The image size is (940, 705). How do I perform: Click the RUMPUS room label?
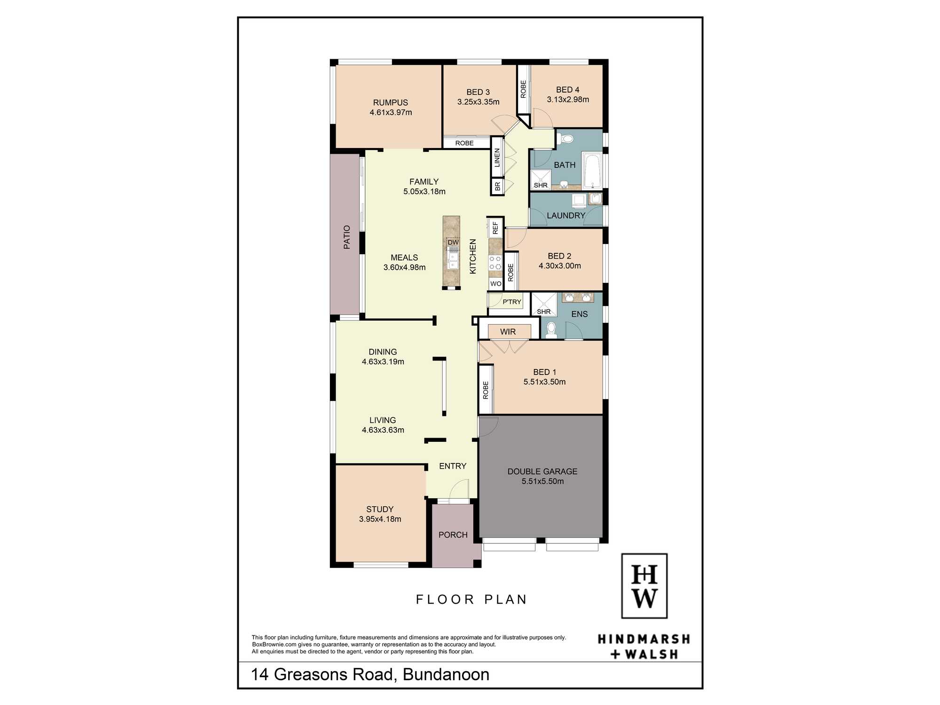(391, 102)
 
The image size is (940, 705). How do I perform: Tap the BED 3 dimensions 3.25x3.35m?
(478, 102)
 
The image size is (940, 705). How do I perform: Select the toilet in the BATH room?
(566, 139)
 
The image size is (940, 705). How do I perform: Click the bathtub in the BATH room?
(592, 169)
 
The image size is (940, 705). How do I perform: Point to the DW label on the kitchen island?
(453, 243)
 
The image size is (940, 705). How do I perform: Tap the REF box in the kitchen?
(495, 228)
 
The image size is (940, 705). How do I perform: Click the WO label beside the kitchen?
(496, 284)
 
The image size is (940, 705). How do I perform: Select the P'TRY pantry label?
(512, 302)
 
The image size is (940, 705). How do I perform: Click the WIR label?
(508, 332)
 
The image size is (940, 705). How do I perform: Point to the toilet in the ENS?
(552, 329)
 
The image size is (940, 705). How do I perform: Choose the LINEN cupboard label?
(497, 158)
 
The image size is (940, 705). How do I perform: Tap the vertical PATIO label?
(347, 237)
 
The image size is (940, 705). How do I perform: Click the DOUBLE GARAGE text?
(542, 471)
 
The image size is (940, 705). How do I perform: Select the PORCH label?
(453, 535)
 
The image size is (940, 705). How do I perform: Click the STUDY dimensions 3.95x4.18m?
(380, 519)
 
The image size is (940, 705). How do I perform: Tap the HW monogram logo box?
(644, 586)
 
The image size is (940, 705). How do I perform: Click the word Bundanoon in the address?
(446, 674)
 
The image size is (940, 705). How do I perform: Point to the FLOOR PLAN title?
(471, 599)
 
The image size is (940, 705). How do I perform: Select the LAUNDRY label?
(566, 215)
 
